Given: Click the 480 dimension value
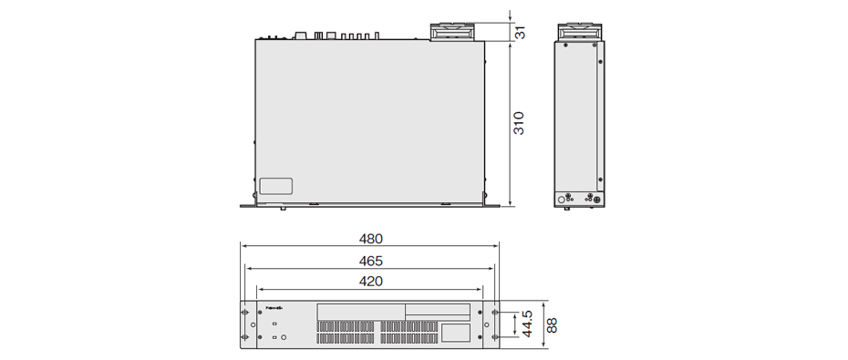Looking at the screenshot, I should point(370,239).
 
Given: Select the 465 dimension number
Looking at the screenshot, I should point(370,261).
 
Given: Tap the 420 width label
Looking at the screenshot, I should point(370,282).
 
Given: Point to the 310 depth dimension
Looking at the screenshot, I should point(520,123).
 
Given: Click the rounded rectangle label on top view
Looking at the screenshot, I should point(275,185).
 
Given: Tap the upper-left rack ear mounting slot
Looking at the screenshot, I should point(246,313).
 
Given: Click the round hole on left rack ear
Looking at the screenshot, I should point(246,325).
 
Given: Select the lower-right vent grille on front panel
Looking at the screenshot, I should point(410,338).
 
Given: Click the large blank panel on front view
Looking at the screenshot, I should point(360,310).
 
